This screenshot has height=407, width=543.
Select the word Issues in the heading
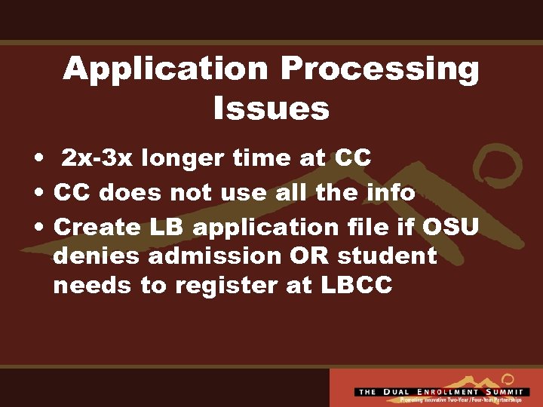[271, 109]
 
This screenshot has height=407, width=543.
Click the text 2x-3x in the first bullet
[97, 158]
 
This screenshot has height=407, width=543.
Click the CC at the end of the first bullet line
[353, 158]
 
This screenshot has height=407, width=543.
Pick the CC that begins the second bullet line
[72, 192]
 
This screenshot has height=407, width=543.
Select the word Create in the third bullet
[97, 226]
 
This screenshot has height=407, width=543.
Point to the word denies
[97, 256]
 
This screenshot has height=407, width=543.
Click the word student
[387, 256]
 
